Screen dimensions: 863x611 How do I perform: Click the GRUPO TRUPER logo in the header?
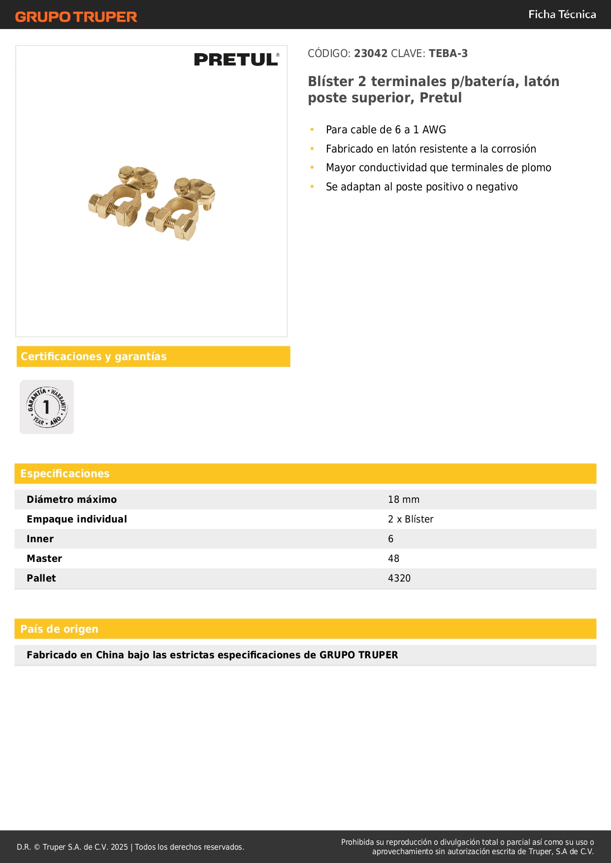[76, 17]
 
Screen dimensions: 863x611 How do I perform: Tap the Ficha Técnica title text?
[562, 14]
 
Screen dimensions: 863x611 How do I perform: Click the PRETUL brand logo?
[236, 60]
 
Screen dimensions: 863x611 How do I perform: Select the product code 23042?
[371, 54]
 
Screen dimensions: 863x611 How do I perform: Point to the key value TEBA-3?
[448, 54]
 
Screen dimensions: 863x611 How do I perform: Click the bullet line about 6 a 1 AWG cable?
[386, 130]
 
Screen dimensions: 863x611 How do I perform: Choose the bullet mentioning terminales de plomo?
[438, 168]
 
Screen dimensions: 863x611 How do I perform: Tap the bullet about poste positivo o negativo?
[421, 187]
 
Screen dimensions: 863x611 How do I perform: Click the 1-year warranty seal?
[47, 407]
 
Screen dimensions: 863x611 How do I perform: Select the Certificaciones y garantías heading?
[94, 357]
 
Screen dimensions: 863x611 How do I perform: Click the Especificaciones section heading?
[65, 474]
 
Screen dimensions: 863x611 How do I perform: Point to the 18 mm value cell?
[404, 500]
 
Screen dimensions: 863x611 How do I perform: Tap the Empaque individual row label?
[77, 520]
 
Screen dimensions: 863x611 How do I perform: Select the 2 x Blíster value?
[411, 520]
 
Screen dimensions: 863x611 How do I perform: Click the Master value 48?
[393, 559]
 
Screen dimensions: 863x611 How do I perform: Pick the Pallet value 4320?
[399, 579]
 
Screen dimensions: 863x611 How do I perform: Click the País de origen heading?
[60, 629]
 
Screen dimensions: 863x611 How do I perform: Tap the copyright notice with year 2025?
[130, 847]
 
